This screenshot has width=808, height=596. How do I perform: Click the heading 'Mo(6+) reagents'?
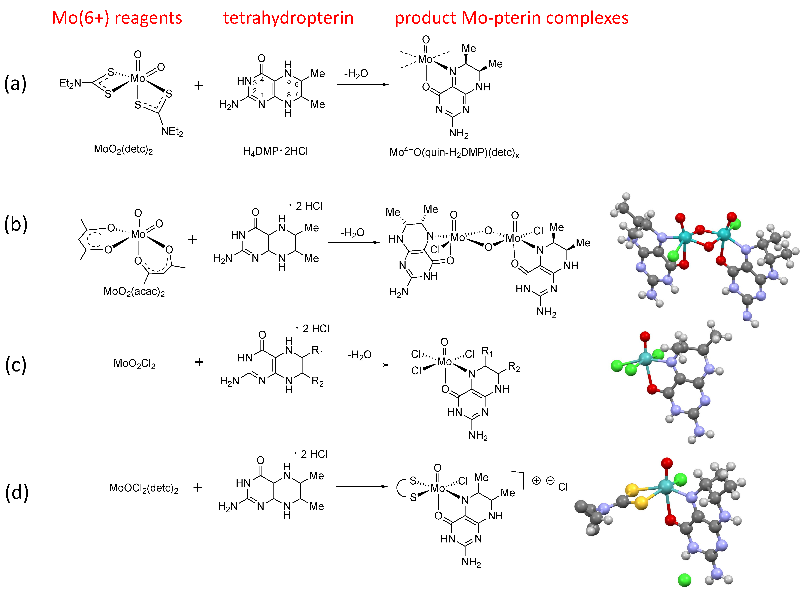click(x=117, y=18)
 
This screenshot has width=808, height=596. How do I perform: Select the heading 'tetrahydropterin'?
click(x=288, y=18)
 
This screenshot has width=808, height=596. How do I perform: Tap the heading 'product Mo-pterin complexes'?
click(x=511, y=18)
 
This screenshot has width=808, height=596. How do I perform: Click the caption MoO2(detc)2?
click(x=123, y=149)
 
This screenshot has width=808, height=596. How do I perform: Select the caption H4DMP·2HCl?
click(x=275, y=151)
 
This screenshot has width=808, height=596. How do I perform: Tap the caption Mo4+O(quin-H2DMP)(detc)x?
click(x=454, y=153)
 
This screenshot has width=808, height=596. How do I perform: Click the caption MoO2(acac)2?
click(x=134, y=291)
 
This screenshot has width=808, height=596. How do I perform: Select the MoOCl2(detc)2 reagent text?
click(x=144, y=488)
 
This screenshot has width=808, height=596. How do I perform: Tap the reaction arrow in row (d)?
click(x=362, y=487)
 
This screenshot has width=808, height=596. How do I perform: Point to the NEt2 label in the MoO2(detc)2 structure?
click(x=172, y=131)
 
